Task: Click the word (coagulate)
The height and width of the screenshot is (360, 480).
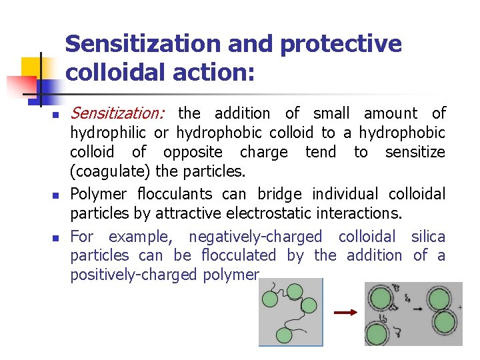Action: [x=110, y=171]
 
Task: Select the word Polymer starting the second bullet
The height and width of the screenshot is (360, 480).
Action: [x=98, y=194]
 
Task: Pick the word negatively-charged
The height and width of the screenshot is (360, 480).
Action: [x=255, y=237]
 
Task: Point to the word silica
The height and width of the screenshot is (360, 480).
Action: [x=428, y=237]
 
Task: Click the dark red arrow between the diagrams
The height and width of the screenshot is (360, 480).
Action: [x=344, y=312]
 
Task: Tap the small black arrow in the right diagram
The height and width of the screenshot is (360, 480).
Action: [x=418, y=309]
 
